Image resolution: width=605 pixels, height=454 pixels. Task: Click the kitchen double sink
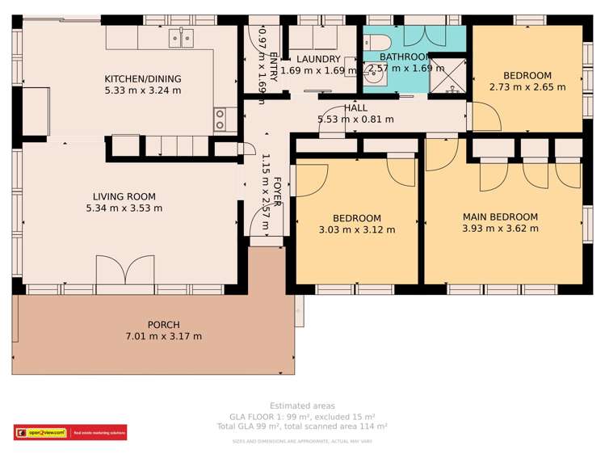click(181, 37)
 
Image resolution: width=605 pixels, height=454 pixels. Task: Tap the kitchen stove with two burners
click(219, 120)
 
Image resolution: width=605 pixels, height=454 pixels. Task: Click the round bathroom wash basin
click(374, 77)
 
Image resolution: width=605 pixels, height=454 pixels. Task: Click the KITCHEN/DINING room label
click(143, 79)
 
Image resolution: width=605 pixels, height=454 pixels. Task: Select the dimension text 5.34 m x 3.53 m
click(124, 208)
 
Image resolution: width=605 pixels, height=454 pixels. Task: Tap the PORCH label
click(163, 325)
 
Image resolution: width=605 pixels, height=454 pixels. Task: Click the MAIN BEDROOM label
click(500, 216)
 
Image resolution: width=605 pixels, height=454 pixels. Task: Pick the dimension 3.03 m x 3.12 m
click(356, 230)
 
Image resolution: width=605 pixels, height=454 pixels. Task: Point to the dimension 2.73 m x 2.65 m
click(527, 86)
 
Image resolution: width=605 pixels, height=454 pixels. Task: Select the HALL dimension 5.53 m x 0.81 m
click(355, 120)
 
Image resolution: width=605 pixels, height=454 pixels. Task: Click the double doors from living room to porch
click(124, 269)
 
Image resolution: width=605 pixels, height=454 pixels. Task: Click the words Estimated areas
click(302, 406)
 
